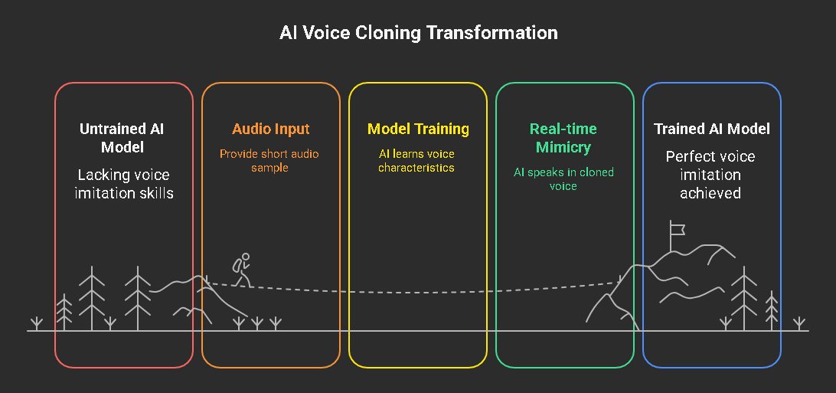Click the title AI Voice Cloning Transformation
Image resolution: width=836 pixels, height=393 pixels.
(418, 33)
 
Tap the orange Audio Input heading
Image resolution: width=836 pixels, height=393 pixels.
(271, 129)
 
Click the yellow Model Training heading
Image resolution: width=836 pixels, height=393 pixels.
(418, 129)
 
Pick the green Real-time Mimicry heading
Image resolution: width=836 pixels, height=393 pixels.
(564, 137)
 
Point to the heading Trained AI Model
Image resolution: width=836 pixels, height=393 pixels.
(711, 129)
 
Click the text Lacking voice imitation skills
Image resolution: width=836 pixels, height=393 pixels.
(123, 184)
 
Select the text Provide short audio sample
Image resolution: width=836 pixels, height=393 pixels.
(269, 160)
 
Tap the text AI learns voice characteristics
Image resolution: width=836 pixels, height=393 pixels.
(416, 160)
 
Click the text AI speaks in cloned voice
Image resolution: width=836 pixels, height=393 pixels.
(563, 178)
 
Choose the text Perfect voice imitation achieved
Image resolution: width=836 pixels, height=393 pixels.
(710, 175)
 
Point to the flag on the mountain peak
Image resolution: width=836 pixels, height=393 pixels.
(676, 228)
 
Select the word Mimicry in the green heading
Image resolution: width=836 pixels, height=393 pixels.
(564, 146)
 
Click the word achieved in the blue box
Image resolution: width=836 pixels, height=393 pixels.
(710, 193)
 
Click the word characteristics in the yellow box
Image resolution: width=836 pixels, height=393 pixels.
(416, 167)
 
